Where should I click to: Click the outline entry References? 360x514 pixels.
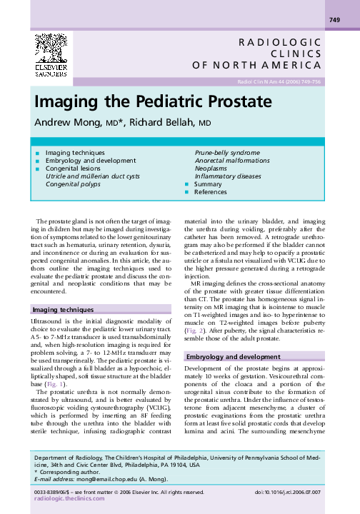(x=211, y=193)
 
